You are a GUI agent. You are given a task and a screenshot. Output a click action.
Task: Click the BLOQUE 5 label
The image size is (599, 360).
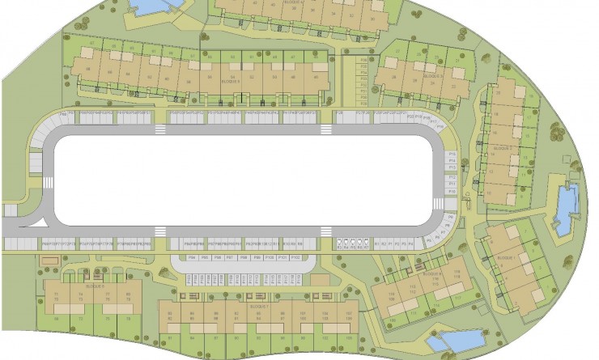click(x=232, y=82)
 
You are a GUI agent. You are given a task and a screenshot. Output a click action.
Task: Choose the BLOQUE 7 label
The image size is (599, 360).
click(x=258, y=307)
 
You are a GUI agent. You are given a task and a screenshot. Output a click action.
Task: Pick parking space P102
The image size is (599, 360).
click(x=295, y=257)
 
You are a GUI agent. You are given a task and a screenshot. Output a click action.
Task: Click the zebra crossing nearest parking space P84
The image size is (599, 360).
click(x=160, y=232)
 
